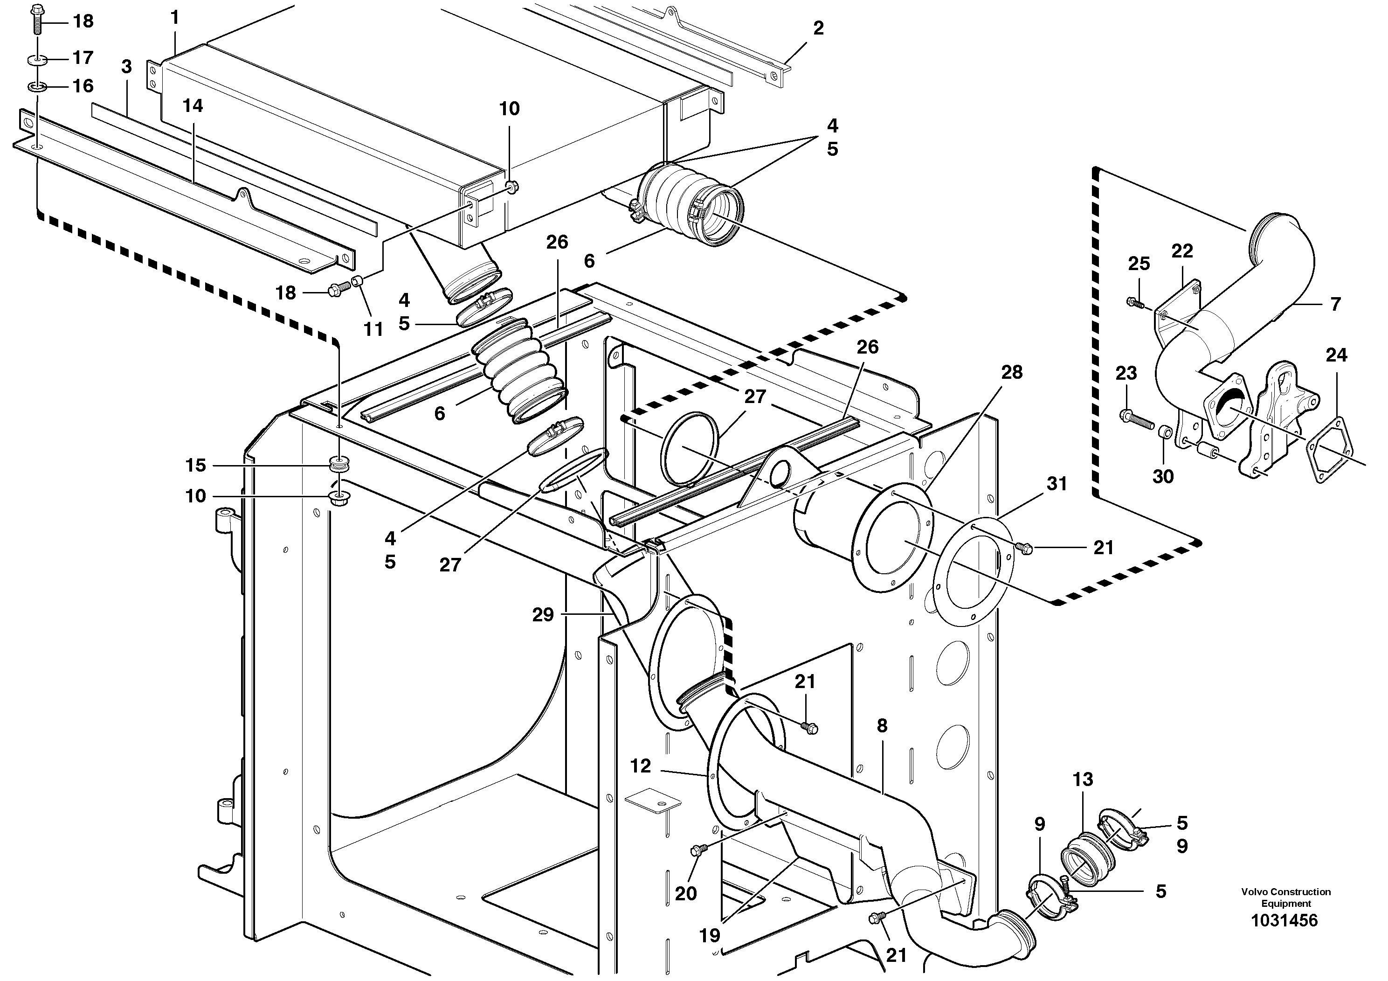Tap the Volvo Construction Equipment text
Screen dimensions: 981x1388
click(1286, 898)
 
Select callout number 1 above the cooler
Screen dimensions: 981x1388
click(175, 18)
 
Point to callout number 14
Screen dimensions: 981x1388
click(193, 106)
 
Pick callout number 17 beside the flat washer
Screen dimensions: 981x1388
click(83, 57)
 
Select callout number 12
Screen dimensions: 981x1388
click(640, 766)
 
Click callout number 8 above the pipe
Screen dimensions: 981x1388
click(882, 726)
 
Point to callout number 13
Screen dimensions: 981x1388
click(1083, 779)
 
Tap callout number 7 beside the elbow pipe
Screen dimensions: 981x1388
click(1335, 304)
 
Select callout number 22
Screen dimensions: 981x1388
click(1182, 251)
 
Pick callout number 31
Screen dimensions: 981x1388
click(1057, 484)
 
